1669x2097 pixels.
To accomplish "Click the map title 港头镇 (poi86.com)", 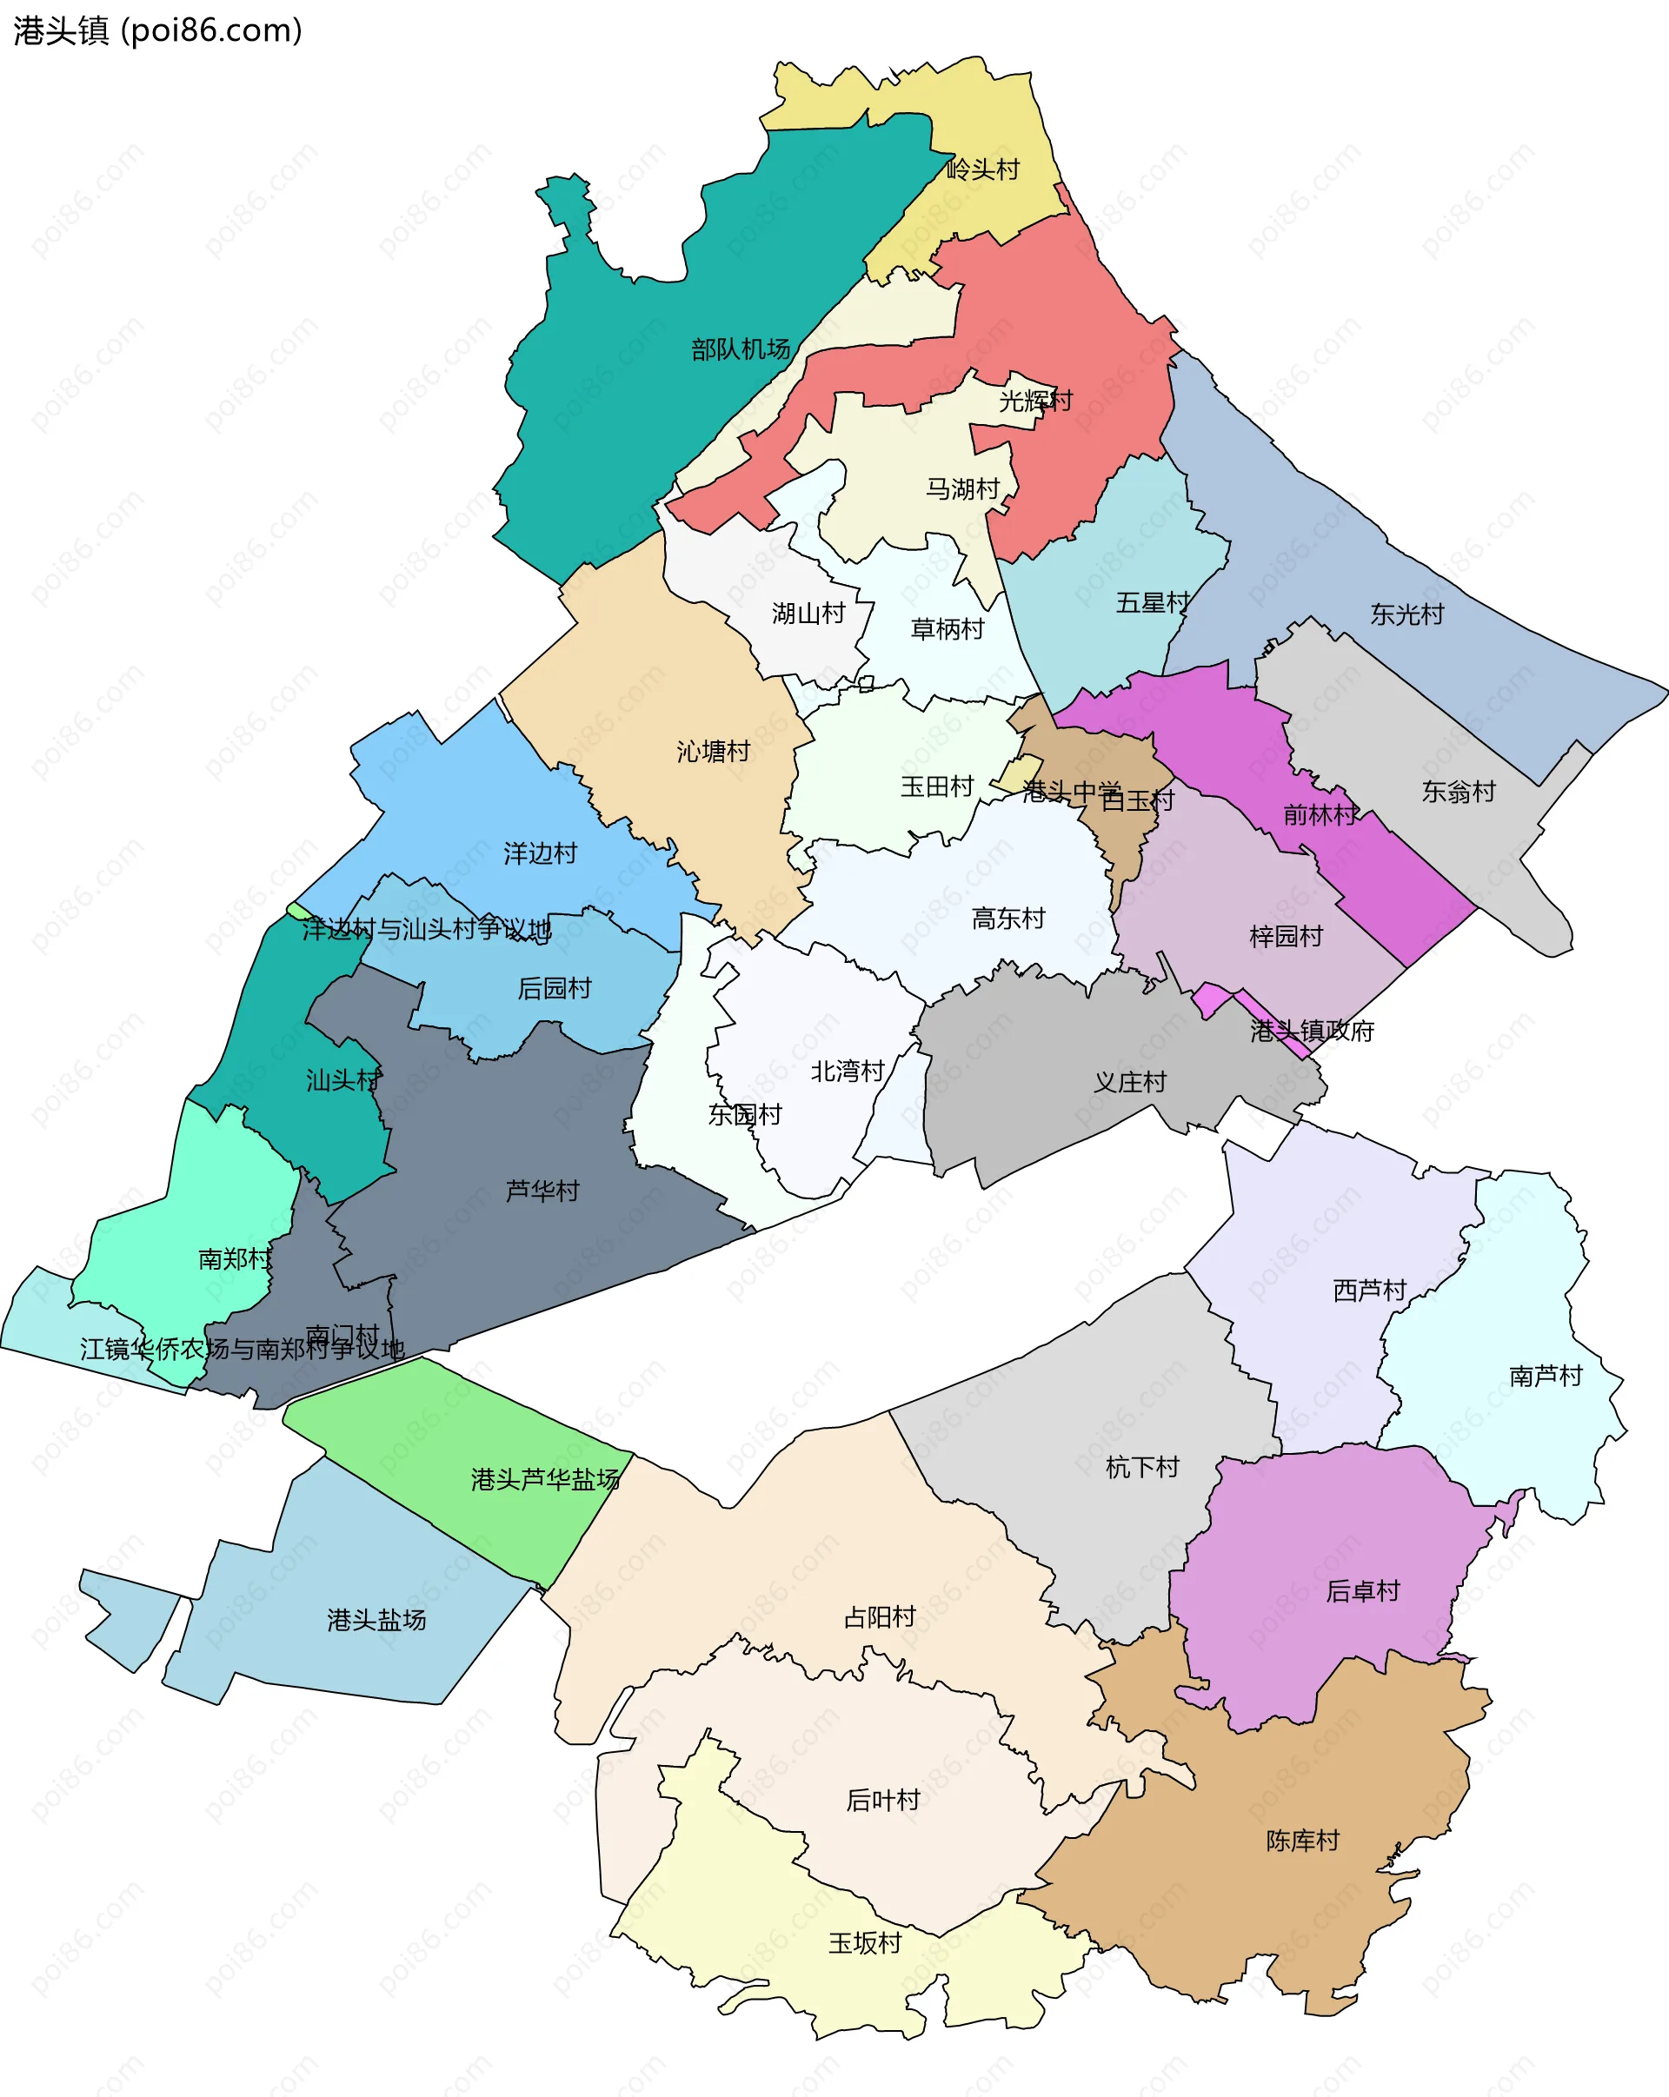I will click(x=157, y=31).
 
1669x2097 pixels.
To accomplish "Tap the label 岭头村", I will click(x=983, y=170).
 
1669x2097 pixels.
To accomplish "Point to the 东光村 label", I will click(x=1406, y=614).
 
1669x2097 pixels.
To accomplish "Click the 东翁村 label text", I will click(x=1458, y=792).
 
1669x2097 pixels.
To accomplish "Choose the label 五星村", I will click(x=1153, y=603).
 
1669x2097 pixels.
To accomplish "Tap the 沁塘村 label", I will click(x=713, y=751).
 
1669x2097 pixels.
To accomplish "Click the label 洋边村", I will click(x=540, y=853).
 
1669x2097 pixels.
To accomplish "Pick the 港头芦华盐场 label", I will click(x=545, y=1479).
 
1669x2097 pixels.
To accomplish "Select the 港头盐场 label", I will click(x=376, y=1619).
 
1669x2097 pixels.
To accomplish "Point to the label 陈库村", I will click(x=1302, y=1841).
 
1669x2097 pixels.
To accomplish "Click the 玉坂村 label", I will click(x=865, y=1942).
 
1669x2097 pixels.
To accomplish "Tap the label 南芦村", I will click(x=1546, y=1376).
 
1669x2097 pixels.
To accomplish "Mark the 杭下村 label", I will click(x=1142, y=1467).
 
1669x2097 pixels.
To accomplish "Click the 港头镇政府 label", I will click(x=1312, y=1031).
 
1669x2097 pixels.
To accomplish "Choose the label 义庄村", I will click(x=1129, y=1082).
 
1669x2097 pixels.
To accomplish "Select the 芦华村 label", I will click(x=542, y=1191).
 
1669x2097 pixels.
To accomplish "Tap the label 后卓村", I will click(x=1363, y=1590).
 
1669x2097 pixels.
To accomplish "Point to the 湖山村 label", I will click(x=808, y=613).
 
